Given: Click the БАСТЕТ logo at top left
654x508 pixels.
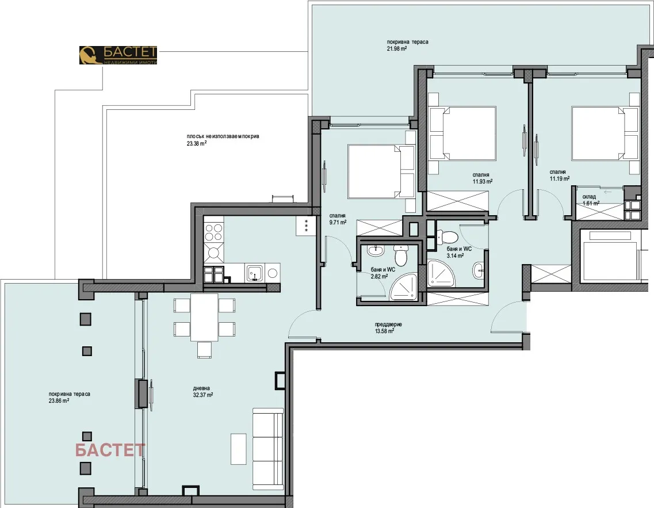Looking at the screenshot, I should click(118, 55).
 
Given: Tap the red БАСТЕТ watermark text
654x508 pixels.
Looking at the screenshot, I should click(110, 450).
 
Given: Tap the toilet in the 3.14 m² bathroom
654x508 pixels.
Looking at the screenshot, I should click(448, 236).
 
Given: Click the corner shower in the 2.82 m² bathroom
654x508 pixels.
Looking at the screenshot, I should click(406, 285).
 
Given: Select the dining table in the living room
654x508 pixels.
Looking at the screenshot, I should click(204, 317).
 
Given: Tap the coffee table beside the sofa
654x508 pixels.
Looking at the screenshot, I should click(239, 448).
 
